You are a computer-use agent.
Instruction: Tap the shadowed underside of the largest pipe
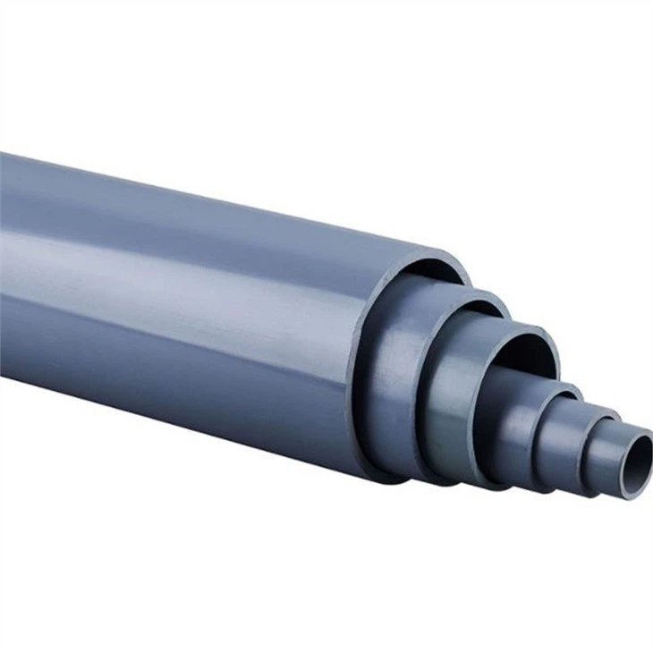pos(179,394)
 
